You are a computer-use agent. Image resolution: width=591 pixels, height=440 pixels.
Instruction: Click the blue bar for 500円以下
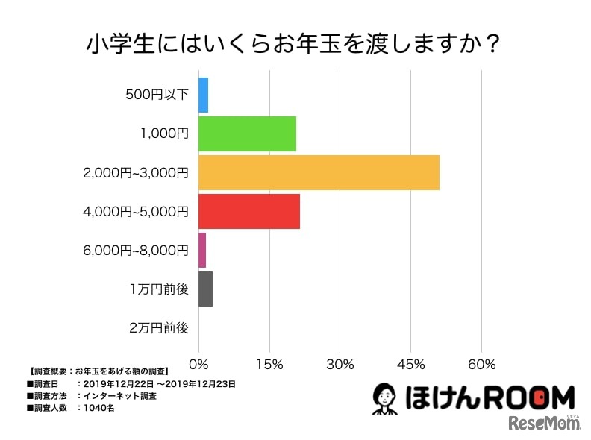pyautogui.click(x=203, y=95)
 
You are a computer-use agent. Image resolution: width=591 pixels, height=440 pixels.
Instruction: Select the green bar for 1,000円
pyautogui.click(x=247, y=134)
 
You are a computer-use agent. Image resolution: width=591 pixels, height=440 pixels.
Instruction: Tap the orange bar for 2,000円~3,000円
pyautogui.click(x=319, y=173)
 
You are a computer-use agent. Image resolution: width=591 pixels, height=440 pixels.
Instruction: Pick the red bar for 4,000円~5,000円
pyautogui.click(x=249, y=211)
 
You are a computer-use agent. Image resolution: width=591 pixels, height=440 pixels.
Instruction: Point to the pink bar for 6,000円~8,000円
pyautogui.click(x=202, y=250)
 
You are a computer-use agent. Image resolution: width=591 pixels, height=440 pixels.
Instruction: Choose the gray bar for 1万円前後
pyautogui.click(x=205, y=289)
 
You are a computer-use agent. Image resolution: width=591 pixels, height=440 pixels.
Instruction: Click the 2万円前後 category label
pyautogui.click(x=158, y=327)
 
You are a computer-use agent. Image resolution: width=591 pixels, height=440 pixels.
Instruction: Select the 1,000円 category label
pyautogui.click(x=164, y=134)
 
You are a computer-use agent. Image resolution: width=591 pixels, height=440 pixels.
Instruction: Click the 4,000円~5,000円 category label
pyautogui.click(x=137, y=211)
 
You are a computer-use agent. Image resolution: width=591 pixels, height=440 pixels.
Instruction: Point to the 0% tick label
pyautogui.click(x=199, y=365)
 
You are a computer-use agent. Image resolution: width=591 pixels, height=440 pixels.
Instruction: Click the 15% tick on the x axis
pyautogui.click(x=269, y=365)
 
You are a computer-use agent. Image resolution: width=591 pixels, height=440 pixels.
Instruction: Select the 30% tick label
pyautogui.click(x=340, y=365)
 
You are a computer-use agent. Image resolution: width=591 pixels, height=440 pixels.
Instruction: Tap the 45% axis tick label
pyautogui.click(x=411, y=365)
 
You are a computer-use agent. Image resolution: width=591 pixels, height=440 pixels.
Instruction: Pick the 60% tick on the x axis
pyautogui.click(x=482, y=365)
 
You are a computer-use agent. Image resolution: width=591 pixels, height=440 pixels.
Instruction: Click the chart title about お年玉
pyautogui.click(x=293, y=43)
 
